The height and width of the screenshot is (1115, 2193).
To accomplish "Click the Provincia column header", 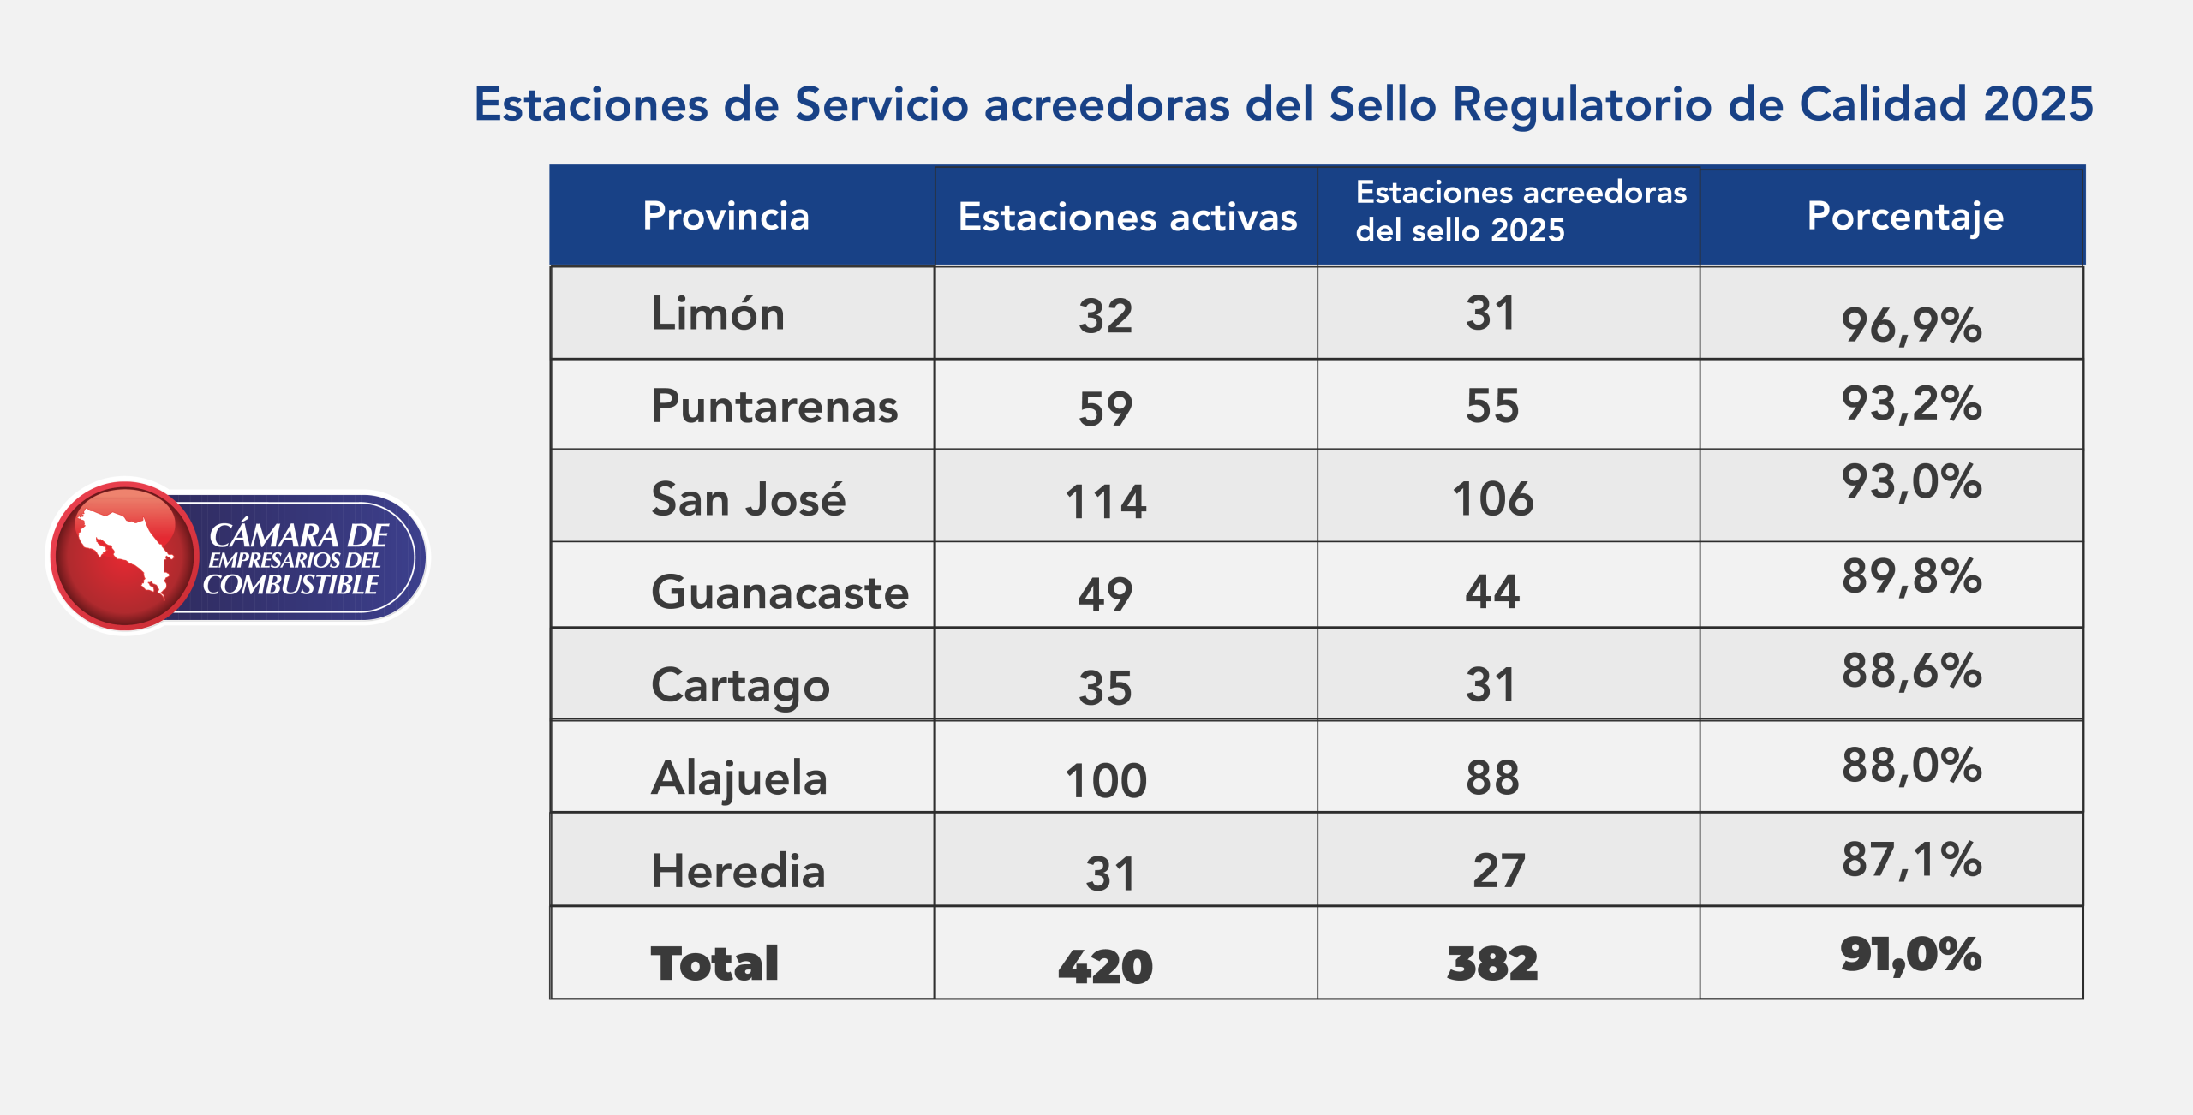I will [726, 216].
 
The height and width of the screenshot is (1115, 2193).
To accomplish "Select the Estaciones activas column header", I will [1127, 218].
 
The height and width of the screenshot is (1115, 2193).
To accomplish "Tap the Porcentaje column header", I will [1905, 217].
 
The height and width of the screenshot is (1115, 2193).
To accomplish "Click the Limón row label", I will [718, 313].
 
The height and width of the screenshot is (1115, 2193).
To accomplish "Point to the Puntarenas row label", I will [774, 406].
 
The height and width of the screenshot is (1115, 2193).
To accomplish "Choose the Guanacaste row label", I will [780, 593].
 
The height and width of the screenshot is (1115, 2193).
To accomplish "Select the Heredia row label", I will [738, 871].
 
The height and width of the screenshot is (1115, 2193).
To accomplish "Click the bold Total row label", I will [714, 963].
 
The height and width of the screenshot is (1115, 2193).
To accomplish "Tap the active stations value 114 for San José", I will [1105, 502].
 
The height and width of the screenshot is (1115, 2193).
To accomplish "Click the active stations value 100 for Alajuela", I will [1105, 781].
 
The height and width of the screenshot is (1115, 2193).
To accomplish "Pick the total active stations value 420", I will [1105, 967].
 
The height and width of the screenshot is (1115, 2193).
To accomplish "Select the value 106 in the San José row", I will [1492, 499].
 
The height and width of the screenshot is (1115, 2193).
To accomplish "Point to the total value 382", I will [1492, 964].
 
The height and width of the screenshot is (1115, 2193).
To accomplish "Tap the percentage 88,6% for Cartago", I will [1911, 671].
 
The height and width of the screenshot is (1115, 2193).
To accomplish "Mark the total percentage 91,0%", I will [1911, 955].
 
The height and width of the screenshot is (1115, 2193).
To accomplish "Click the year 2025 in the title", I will [2038, 104].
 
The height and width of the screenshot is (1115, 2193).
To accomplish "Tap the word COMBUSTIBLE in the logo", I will [290, 585].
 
